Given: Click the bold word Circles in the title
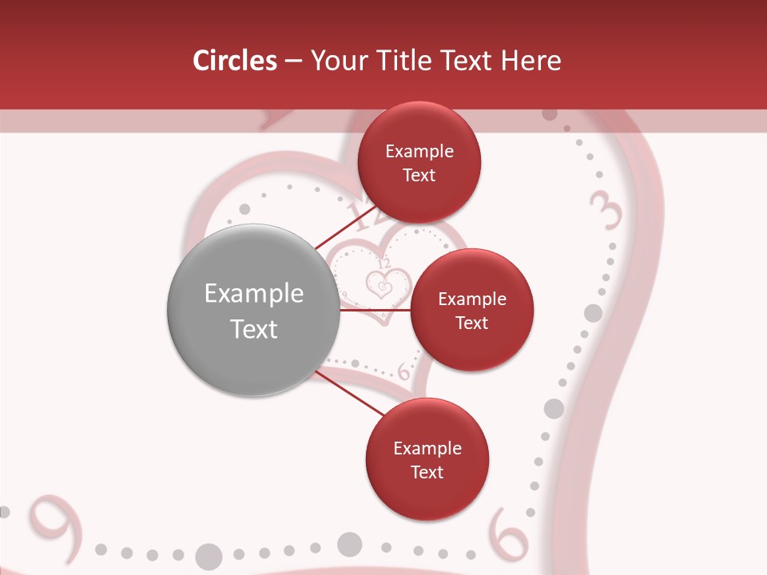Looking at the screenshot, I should (x=235, y=61).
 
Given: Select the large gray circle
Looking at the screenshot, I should (x=253, y=311).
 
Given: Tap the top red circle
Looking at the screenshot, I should (x=419, y=163).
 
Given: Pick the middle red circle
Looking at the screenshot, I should (x=471, y=310).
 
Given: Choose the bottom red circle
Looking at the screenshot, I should (x=427, y=459).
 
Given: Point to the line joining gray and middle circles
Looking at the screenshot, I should (x=376, y=310).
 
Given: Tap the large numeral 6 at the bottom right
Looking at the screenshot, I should (x=508, y=533).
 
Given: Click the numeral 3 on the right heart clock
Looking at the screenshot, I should (x=606, y=209).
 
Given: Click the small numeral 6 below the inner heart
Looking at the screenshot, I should (x=403, y=371).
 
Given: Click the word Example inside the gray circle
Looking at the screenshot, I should (x=253, y=293).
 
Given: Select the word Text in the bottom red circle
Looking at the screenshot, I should (x=427, y=472).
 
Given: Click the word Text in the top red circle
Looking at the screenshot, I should (x=419, y=176).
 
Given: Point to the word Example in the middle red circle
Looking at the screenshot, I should (x=471, y=299).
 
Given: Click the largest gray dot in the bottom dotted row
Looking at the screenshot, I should (x=209, y=556).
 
